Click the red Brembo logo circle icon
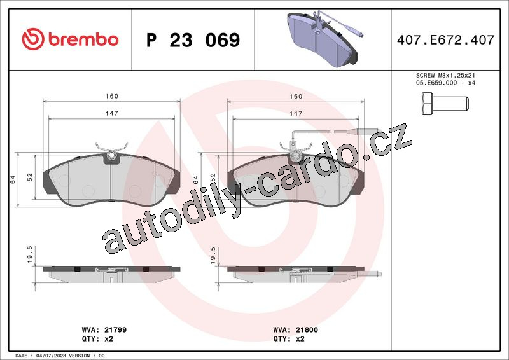[33, 39]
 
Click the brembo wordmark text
[83, 39]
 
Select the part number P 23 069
[193, 40]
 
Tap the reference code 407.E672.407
[445, 40]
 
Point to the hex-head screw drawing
[445, 104]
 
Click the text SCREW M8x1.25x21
[445, 75]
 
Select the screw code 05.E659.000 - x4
[445, 83]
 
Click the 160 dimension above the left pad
[112, 96]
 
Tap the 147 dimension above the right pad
[296, 114]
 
